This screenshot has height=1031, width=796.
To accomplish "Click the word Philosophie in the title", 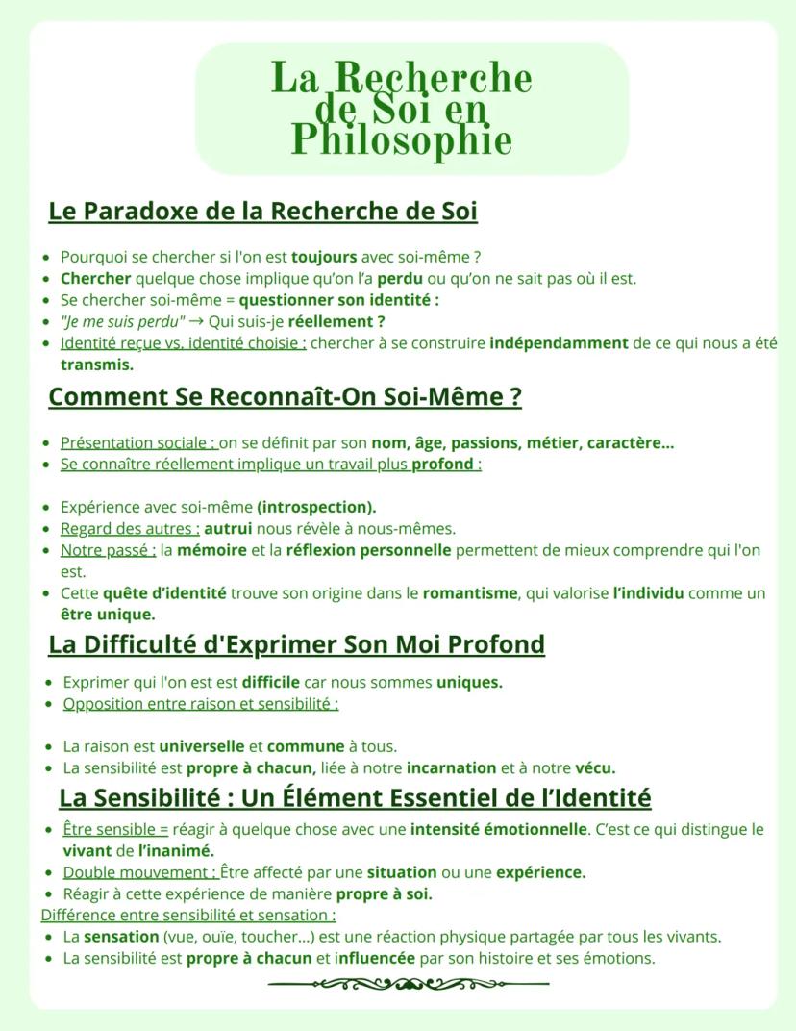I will pyautogui.click(x=401, y=140).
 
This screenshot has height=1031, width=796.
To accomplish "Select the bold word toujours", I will pyautogui.click(x=324, y=257).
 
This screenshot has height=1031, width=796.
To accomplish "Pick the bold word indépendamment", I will pyautogui.click(x=558, y=343).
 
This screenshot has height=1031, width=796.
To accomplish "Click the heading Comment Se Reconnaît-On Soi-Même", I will pyautogui.click(x=285, y=396).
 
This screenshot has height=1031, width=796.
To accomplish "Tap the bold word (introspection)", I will pyautogui.click(x=316, y=507).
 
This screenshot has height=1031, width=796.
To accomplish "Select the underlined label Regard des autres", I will pyautogui.click(x=130, y=528).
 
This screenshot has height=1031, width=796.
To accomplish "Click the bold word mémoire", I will pyautogui.click(x=211, y=550).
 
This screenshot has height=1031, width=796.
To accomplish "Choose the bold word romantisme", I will pyautogui.click(x=470, y=593).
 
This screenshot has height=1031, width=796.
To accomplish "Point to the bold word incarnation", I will pyautogui.click(x=451, y=767).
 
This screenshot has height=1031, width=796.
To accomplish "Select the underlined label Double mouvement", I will pyautogui.click(x=140, y=872).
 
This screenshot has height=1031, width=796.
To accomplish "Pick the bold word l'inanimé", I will pyautogui.click(x=176, y=851).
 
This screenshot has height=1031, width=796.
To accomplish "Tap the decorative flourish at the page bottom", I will pyautogui.click(x=409, y=984).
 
